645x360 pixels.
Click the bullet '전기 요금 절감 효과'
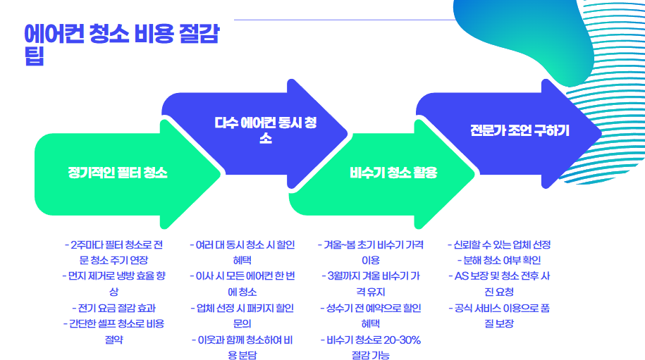113,308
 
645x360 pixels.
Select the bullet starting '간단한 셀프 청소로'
113,331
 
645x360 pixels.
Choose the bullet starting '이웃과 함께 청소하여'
243,347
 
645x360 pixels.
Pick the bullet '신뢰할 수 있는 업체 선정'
499,245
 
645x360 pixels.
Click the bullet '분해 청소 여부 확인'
499,261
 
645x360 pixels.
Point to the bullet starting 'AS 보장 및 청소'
499,284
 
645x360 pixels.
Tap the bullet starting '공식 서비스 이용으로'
499,316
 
